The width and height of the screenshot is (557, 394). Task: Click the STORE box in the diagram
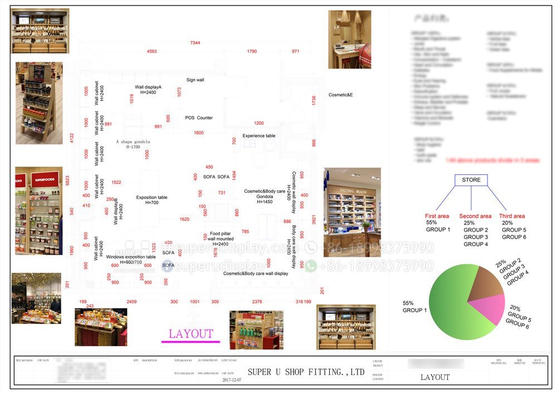point(471,180)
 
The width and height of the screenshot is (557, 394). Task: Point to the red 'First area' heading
point(437,216)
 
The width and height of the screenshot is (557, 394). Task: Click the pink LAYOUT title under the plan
point(191,334)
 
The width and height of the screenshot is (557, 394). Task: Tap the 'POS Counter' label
point(199,118)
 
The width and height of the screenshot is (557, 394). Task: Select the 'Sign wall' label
point(195,80)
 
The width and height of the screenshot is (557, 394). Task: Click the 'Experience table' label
point(258,135)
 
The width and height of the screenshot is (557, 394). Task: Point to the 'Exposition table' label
point(152,197)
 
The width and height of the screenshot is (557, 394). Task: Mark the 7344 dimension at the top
point(195,42)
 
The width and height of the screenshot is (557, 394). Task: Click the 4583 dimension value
point(152,51)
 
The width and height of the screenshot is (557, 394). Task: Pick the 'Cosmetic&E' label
point(340,95)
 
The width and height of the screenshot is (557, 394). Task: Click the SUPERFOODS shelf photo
point(38,211)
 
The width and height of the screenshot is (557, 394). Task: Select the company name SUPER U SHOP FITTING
point(306,372)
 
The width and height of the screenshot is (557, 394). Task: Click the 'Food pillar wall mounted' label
point(215,238)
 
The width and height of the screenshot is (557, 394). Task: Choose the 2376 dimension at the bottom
point(257,301)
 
